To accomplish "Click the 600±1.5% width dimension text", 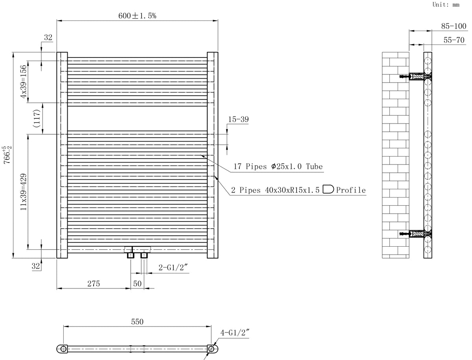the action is pos(137,16).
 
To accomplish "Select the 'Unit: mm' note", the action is pos(446,4).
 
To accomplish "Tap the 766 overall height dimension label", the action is pos(7,155).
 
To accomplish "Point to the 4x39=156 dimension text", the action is pos(23,81).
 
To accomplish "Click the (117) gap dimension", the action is pos(37,118).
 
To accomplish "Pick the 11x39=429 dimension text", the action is pos(24,192).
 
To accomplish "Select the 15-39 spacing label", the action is pos(238,119).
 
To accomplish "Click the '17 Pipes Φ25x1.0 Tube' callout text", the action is pos(278,166).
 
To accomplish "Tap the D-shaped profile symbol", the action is pos(328,189).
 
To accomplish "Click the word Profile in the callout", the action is pos(351,190).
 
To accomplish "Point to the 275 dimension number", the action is pos(94,284).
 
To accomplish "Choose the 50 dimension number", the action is pos(137,284).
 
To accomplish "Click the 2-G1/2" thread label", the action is pos(173,268).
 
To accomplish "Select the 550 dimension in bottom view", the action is pos(137,322).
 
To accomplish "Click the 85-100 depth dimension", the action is pos(454,26).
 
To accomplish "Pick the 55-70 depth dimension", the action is pos(454,40).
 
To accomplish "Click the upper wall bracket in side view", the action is pos(416,77).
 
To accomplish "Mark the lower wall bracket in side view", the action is pos(416,234).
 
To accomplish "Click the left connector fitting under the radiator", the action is pos(131,255).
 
